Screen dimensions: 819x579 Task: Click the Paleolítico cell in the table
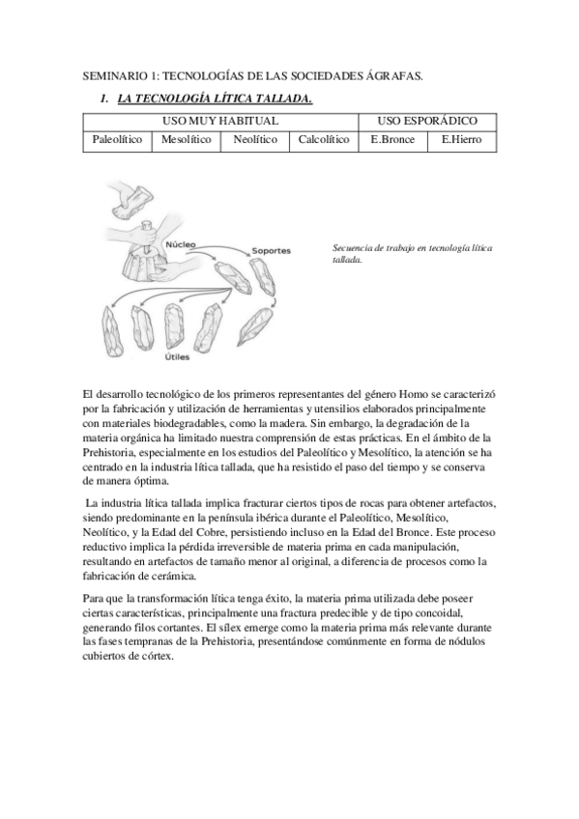pos(118,141)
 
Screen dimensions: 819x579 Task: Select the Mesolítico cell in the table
pos(187,141)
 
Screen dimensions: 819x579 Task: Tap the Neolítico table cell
pos(255,141)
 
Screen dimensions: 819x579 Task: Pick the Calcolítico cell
pos(324,141)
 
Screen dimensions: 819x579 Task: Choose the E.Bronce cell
pos(392,141)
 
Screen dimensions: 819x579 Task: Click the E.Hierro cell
pos(461,141)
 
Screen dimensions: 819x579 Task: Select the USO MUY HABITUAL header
pos(220,121)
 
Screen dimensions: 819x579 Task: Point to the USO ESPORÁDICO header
pos(426,121)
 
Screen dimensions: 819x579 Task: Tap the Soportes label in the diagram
pos(271,251)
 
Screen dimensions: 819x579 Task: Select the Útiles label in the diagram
pos(176,356)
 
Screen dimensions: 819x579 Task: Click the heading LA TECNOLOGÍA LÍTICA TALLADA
pos(214,99)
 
